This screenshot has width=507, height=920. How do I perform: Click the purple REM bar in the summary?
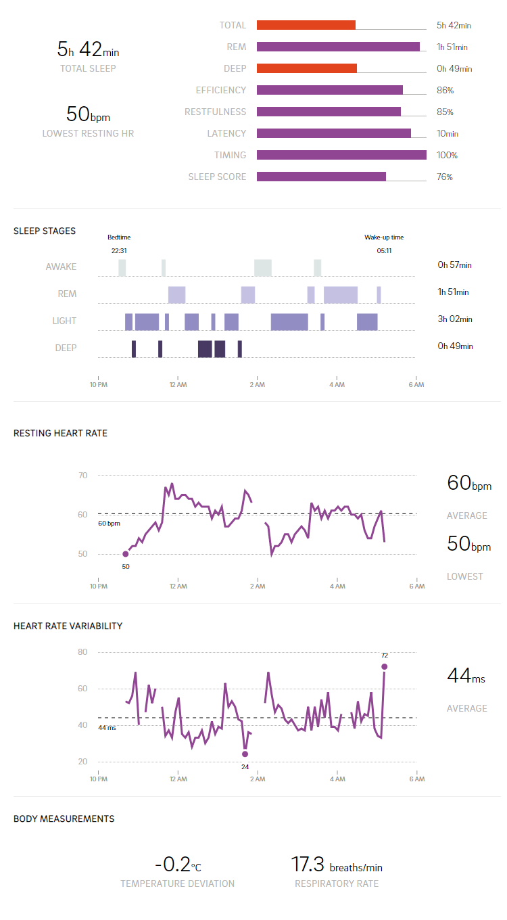click(x=338, y=47)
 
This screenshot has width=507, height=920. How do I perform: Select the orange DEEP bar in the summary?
click(x=306, y=68)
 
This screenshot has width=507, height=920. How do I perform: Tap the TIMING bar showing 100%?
click(x=341, y=155)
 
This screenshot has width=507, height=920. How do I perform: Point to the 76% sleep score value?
click(x=445, y=177)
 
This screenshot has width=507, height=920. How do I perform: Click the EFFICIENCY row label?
click(x=220, y=90)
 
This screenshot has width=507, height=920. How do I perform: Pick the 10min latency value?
click(x=448, y=134)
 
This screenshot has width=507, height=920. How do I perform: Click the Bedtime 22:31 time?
click(x=119, y=250)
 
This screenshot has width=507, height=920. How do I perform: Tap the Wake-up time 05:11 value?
click(x=384, y=250)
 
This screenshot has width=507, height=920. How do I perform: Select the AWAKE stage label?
click(x=61, y=267)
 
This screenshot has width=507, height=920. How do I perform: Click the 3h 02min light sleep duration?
click(x=454, y=319)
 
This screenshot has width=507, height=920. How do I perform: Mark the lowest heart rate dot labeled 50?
click(x=126, y=554)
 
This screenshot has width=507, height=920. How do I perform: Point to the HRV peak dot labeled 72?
click(x=385, y=666)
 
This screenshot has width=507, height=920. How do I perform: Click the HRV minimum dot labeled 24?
click(x=245, y=754)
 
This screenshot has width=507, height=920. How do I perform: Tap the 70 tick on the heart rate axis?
click(x=82, y=476)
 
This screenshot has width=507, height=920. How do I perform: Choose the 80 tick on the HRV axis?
click(x=82, y=652)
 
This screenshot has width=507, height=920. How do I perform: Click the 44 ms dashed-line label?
click(x=107, y=728)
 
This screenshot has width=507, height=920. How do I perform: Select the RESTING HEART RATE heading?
click(x=60, y=433)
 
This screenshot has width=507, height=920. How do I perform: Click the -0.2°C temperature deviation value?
click(x=177, y=865)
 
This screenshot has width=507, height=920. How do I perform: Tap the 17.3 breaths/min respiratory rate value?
click(x=336, y=865)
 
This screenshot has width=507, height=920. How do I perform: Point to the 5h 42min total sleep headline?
click(x=88, y=49)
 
